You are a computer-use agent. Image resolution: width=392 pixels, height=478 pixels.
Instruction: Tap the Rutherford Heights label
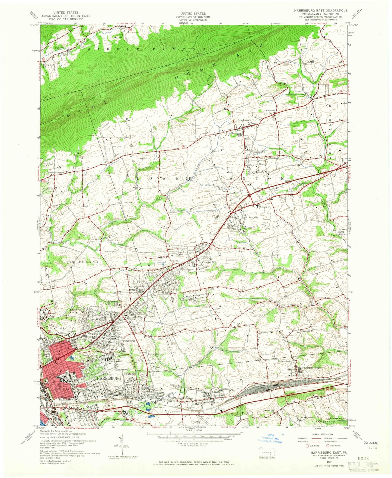[x=312, y=368]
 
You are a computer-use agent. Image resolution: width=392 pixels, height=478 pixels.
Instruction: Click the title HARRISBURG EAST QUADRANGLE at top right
[x=320, y=10]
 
